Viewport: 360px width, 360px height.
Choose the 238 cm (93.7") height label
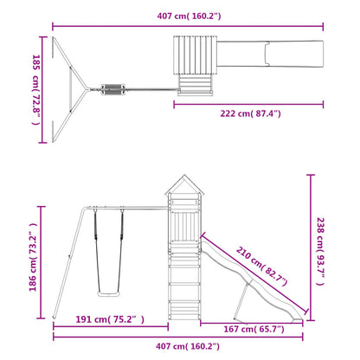pyautogui.click(x=321, y=247)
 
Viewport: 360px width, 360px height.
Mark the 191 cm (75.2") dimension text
pyautogui.click(x=108, y=319)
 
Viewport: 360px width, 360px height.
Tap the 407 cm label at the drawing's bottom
pyautogui.click(x=179, y=347)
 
